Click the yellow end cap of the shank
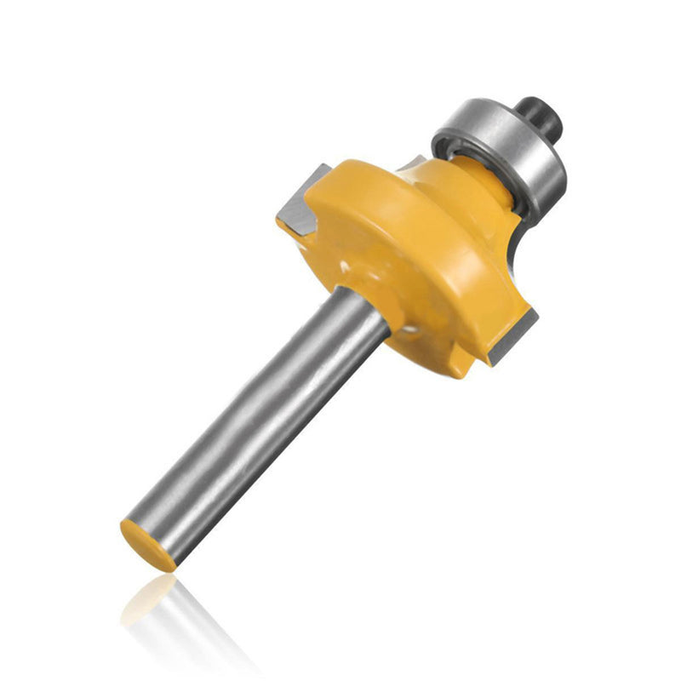[x=147, y=545]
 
